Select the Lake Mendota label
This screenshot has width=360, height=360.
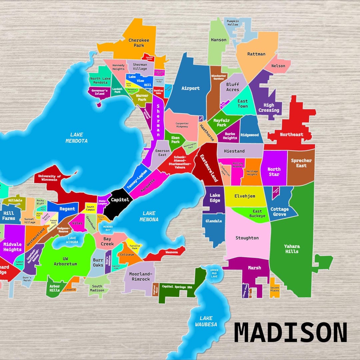77,138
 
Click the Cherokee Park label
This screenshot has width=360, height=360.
139,43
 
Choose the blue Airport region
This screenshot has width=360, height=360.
190,88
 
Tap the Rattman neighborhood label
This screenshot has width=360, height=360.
256,54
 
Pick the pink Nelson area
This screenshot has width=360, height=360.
278,66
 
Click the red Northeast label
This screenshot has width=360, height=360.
292,135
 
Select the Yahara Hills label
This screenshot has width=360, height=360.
292,249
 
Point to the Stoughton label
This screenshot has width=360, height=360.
247,238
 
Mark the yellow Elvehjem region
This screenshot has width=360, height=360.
245,196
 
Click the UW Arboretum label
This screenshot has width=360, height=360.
65,261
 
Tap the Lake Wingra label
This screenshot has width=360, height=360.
72,240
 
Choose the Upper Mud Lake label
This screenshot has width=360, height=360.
214,273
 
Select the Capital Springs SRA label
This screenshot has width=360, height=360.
177,286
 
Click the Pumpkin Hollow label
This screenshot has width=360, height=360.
233,23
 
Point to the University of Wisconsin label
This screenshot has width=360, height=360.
49,178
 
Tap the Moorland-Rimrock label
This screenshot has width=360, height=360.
140,277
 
